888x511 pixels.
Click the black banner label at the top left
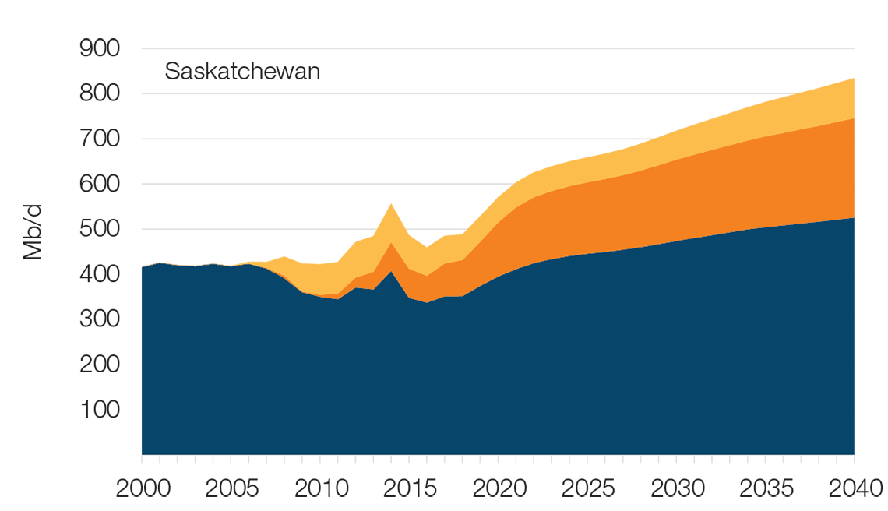[244, 70]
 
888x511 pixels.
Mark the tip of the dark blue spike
[392, 272]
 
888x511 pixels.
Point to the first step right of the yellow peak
[467, 219]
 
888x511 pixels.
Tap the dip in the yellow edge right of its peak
[427, 238]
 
